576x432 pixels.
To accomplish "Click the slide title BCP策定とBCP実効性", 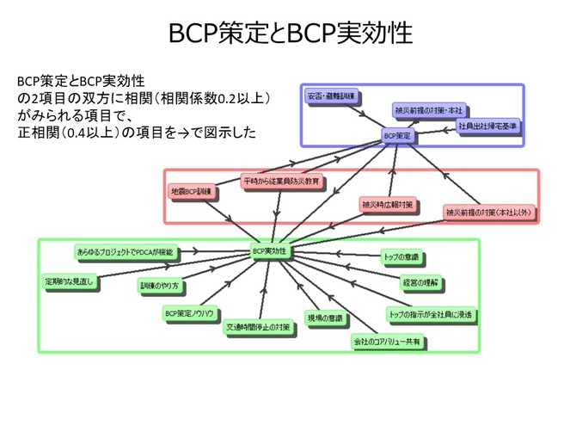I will click(288, 32).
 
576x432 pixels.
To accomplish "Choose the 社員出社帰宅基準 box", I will click(487, 127).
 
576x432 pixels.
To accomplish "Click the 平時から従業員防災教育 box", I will click(282, 182).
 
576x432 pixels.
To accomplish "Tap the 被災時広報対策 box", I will click(388, 205).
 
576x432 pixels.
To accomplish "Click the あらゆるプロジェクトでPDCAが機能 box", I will click(125, 251).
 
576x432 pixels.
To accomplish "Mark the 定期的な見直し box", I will click(70, 281).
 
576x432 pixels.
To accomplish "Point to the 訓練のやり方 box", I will click(159, 284).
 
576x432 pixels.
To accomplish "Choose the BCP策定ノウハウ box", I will click(191, 313).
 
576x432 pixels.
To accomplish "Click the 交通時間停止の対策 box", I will click(258, 328).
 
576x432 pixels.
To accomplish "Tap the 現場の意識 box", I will click(324, 318).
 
